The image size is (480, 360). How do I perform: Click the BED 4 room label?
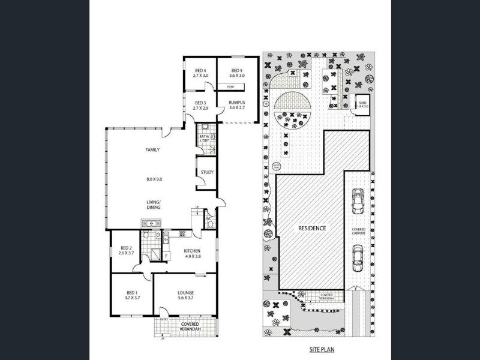[x=200, y=71]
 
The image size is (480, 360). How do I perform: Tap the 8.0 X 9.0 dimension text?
[x=154, y=178]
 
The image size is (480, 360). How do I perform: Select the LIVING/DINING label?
[x=154, y=205]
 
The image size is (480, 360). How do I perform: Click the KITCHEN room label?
[x=193, y=251]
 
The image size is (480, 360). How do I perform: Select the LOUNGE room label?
[x=185, y=293]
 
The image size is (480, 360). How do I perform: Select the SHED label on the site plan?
[x=362, y=103]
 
